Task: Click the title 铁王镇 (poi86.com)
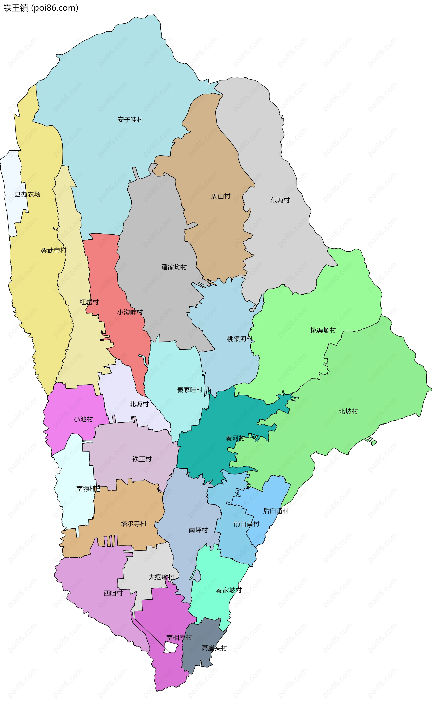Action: tap(41, 8)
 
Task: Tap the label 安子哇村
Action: tap(130, 119)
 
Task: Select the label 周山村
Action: tap(220, 196)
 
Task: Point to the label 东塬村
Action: tap(280, 200)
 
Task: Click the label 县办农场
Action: tap(27, 194)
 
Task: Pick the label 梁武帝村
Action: tap(54, 250)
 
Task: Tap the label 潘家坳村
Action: tap(174, 267)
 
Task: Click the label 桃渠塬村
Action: tap(323, 330)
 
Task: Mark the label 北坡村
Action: tap(348, 411)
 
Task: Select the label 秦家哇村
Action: tap(190, 390)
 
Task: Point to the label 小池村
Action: tap(83, 419)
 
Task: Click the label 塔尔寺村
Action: tap(134, 524)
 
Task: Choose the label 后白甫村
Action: tap(276, 511)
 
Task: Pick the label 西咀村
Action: tap(113, 593)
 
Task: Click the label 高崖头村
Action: tap(214, 648)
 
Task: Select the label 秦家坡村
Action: tap(229, 590)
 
